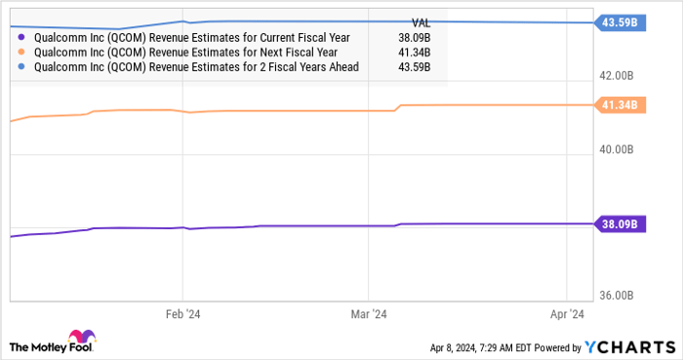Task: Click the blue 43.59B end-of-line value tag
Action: pos(620,22)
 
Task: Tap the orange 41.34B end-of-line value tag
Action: pos(620,104)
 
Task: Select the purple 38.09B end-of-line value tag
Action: pos(620,223)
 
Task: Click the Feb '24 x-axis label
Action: pos(182,314)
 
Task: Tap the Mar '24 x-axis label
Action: pos(368,314)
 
